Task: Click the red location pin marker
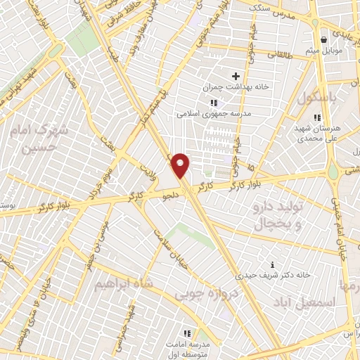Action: [x=181, y=165]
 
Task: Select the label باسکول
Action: [x=314, y=98]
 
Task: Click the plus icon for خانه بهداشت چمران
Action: [x=236, y=76]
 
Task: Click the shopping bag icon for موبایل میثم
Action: [x=323, y=40]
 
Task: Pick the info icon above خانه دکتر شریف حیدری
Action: [x=273, y=264]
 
